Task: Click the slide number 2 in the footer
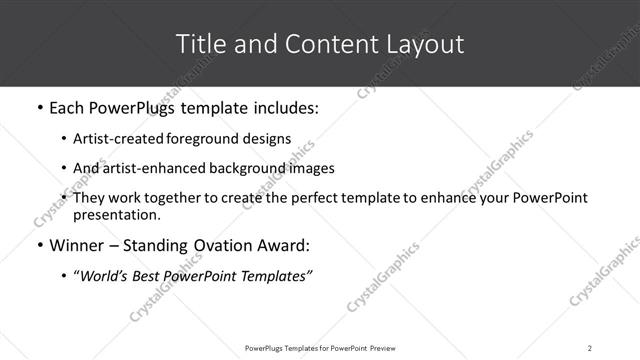[590, 347]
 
